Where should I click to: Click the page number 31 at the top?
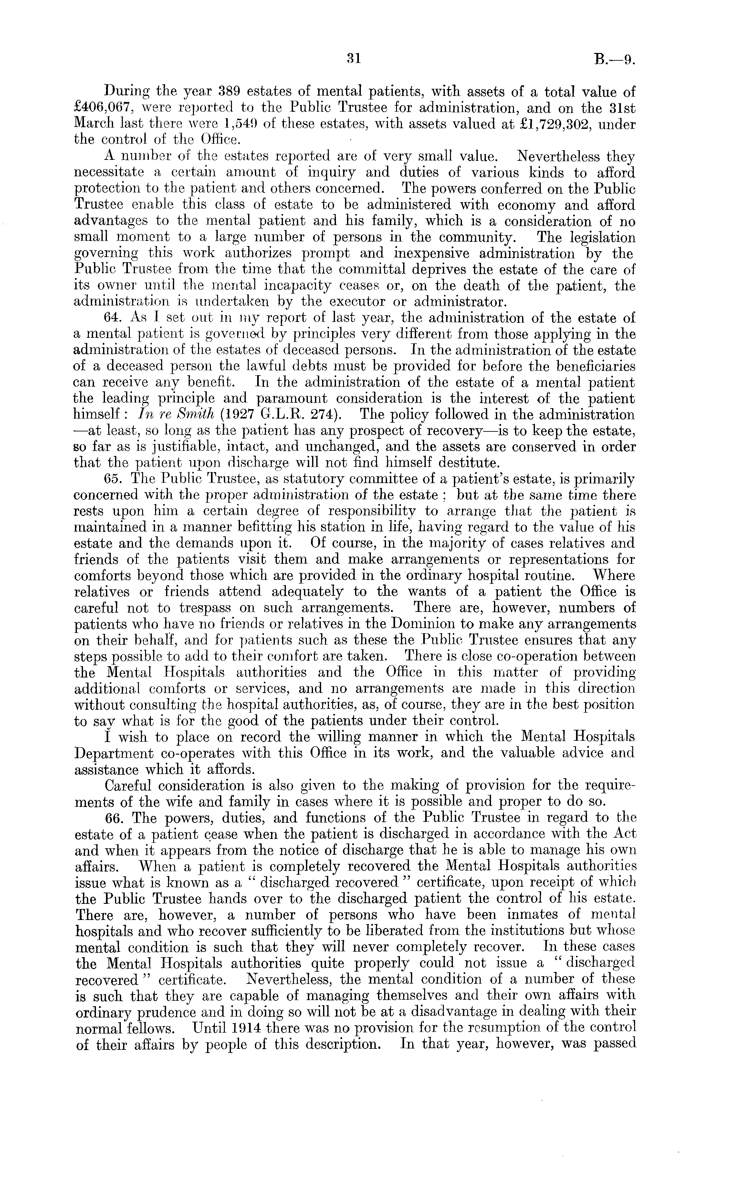354,59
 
